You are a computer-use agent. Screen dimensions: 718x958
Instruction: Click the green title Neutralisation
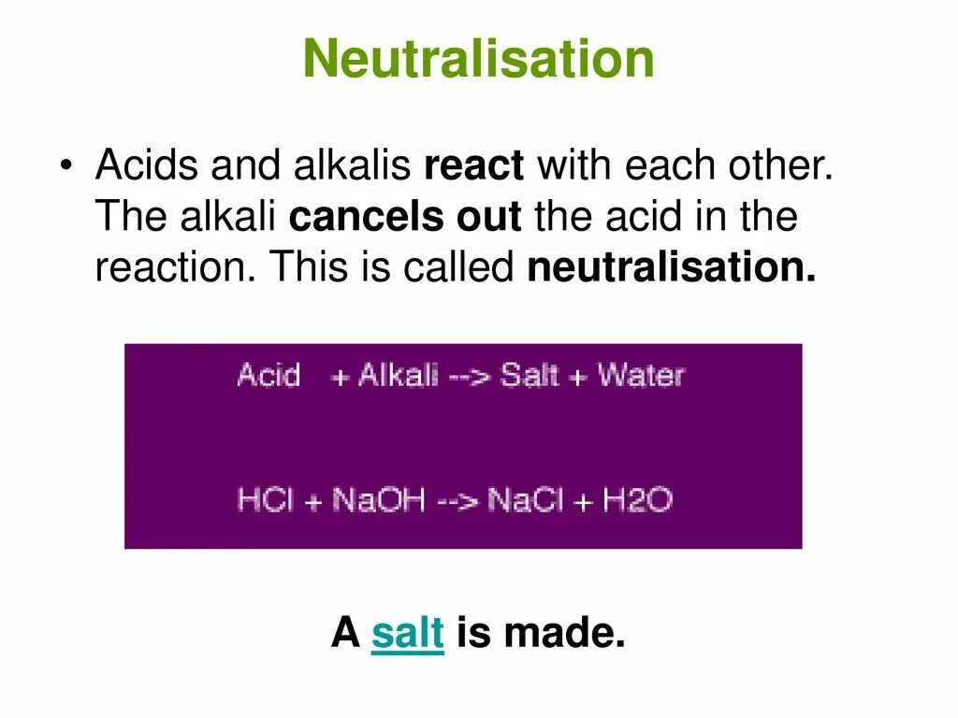(478, 60)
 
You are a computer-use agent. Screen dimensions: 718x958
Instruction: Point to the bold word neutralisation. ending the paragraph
(672, 269)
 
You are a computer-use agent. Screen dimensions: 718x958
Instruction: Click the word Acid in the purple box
(269, 376)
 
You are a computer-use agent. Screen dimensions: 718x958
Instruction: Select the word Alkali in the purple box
(398, 376)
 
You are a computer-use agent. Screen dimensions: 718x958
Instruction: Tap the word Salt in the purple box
(529, 376)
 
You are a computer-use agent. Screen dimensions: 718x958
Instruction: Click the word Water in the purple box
(641, 376)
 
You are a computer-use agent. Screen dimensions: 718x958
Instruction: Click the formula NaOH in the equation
(379, 500)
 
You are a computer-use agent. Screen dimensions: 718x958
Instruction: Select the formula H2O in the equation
(637, 500)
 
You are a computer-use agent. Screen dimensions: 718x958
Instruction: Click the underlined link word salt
(407, 635)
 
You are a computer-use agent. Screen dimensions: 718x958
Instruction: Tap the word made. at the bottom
(564, 635)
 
